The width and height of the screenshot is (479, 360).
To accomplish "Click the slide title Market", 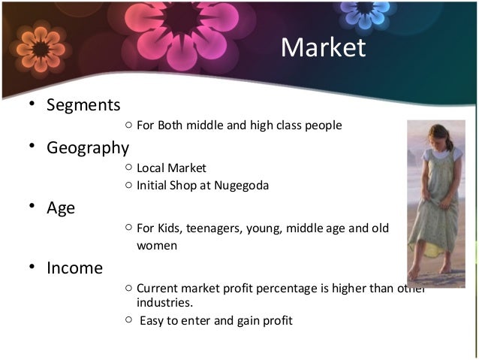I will pos(323,47).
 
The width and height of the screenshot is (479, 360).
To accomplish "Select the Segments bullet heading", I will pos(83,104).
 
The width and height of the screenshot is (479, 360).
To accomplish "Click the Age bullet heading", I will pos(61,207).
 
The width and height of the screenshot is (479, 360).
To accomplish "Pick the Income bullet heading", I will pos(74,267).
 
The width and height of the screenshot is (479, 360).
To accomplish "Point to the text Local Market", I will pos(171,168).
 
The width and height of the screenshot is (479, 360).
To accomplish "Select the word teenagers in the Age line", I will pos(212,228).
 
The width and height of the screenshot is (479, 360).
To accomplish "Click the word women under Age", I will pos(157,245).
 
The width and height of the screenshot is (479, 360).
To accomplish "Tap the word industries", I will pos(164,302).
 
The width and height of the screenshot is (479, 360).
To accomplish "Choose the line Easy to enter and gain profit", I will pos(215,321).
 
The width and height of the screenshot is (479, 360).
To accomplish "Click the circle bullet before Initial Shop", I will pos(129,185).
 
